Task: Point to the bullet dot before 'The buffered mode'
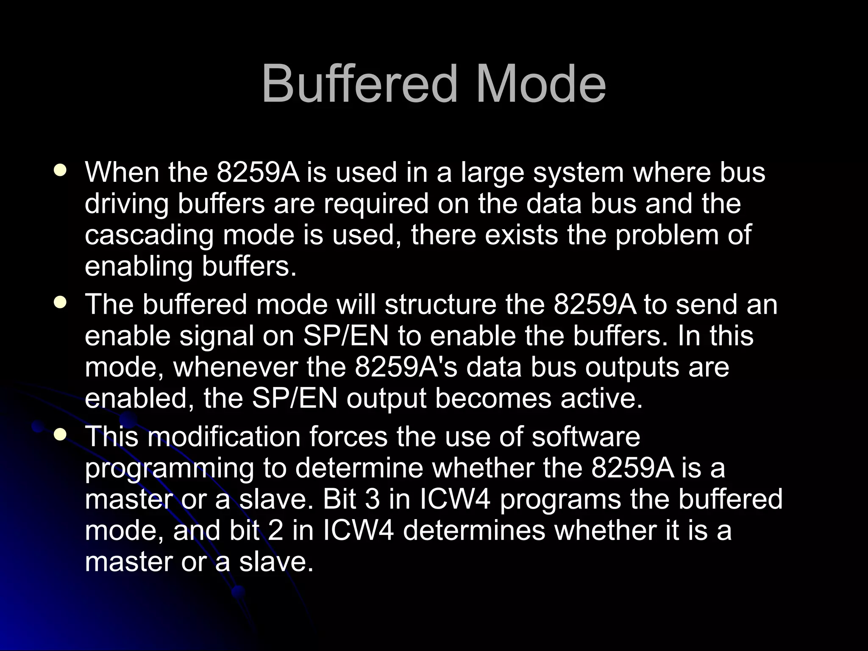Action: click(x=60, y=302)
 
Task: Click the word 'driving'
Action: click(x=126, y=204)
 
